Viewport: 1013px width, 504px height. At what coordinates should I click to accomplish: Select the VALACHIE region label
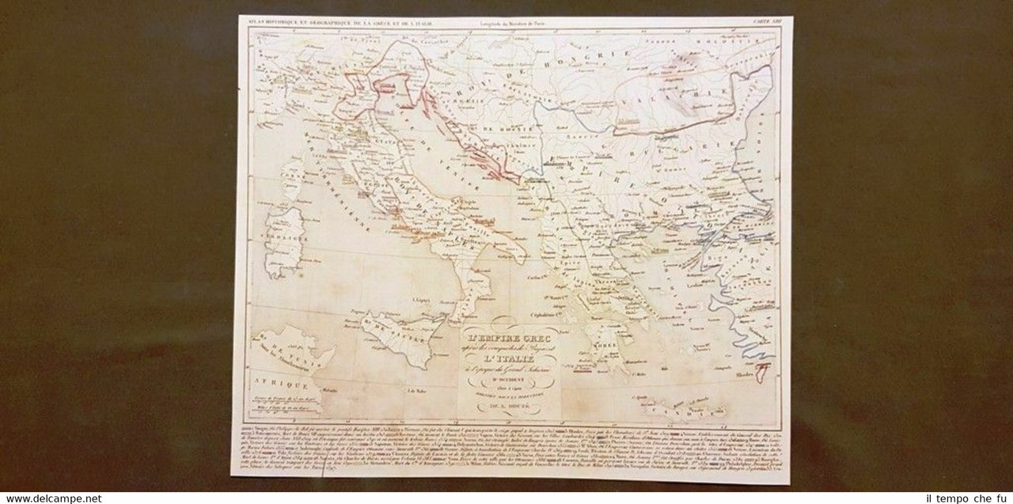[681, 104]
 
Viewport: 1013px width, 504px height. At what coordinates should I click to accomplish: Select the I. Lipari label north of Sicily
[421, 300]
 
